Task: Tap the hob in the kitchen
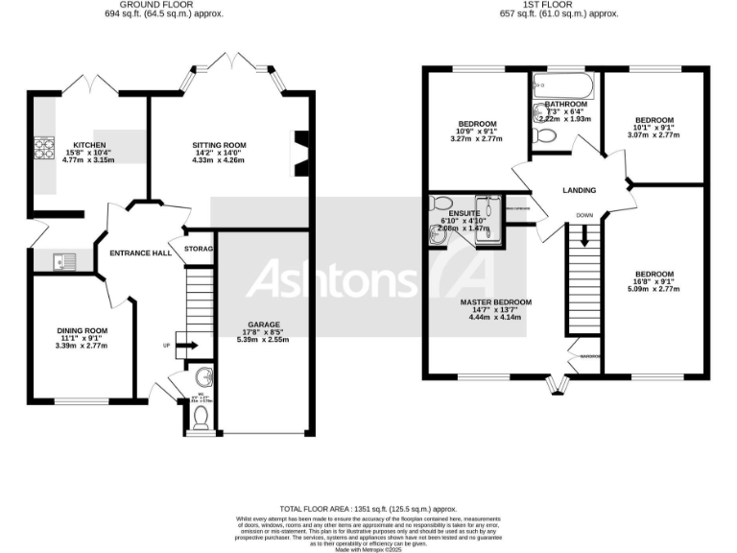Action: click(x=45, y=148)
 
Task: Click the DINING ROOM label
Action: click(x=82, y=330)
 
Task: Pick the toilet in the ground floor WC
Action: click(x=201, y=416)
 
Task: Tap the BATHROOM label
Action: click(x=565, y=104)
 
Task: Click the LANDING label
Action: click(x=578, y=190)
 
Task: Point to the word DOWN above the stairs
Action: click(x=584, y=215)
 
